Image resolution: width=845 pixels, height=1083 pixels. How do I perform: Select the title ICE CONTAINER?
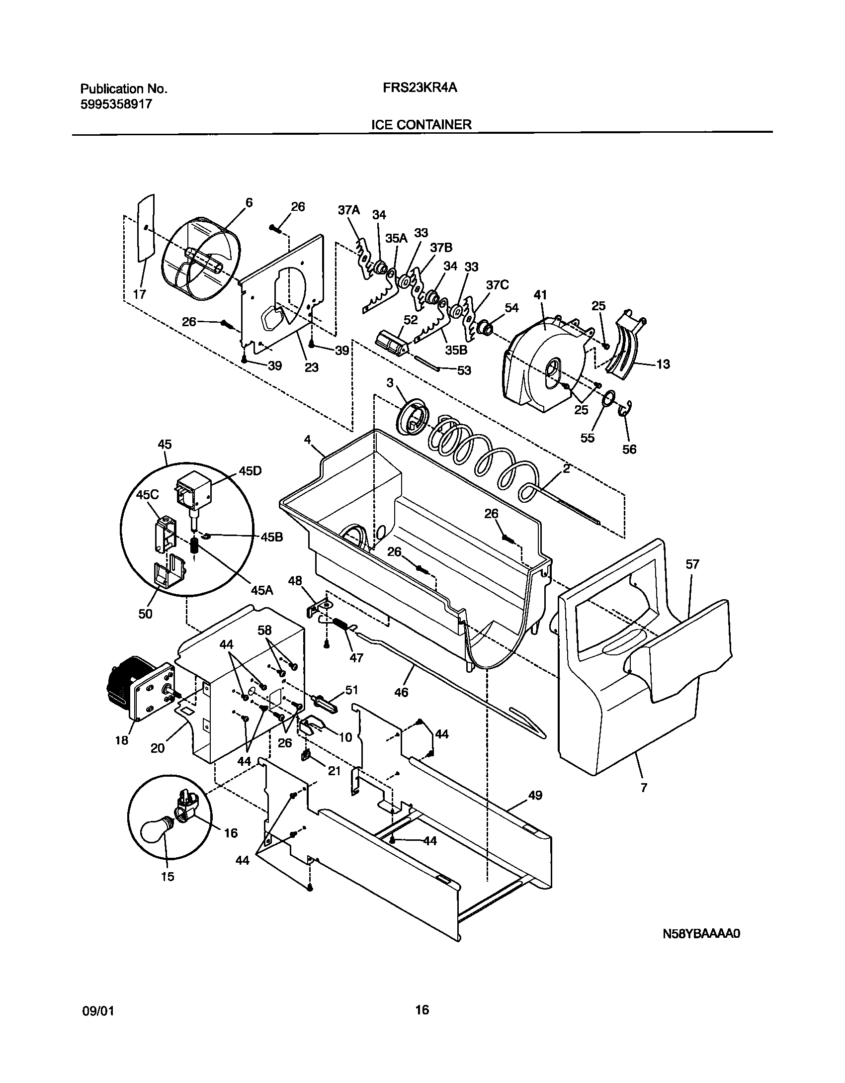tap(421, 124)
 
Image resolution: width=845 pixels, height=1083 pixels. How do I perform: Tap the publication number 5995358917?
tap(116, 104)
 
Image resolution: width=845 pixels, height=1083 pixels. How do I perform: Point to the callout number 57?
tap(692, 564)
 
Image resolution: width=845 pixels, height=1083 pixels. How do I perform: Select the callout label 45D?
tap(250, 471)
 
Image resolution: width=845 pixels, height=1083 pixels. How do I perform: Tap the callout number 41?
tap(540, 295)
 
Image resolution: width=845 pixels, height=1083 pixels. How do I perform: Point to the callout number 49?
tap(535, 795)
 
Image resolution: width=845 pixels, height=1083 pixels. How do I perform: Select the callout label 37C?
tap(497, 285)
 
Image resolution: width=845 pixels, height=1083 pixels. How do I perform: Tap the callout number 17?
tap(140, 294)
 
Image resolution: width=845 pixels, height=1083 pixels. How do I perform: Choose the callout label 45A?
tap(262, 590)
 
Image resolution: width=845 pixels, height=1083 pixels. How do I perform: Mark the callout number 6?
tap(249, 202)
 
